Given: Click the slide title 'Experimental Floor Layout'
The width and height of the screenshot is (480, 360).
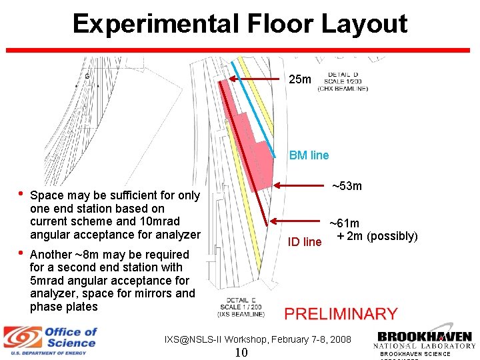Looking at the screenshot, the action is tap(240, 24).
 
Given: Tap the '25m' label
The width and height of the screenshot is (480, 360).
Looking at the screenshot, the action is tap(299, 79).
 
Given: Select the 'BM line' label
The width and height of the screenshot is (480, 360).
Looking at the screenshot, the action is tap(309, 155).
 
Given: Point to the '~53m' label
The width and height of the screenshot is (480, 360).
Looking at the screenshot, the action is tap(347, 185).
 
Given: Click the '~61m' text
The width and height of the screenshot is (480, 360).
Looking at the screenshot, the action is tap(345, 224).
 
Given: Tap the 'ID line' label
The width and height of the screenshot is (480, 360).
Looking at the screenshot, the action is tap(304, 242).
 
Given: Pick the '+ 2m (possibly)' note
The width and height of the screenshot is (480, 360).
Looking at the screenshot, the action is tap(377, 237).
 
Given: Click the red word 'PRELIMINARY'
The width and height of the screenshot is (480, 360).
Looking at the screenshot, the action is tap(341, 313).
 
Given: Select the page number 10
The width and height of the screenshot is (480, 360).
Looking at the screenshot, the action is tap(241, 352).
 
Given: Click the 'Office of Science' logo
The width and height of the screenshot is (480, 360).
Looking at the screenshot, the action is tap(51, 340).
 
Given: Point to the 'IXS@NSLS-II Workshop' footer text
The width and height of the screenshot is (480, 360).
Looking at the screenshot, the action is tap(257, 339).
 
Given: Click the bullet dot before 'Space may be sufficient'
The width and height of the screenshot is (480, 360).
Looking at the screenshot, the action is tap(21, 195).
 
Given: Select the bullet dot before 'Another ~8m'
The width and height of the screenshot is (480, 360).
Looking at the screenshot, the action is tap(21, 253).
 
